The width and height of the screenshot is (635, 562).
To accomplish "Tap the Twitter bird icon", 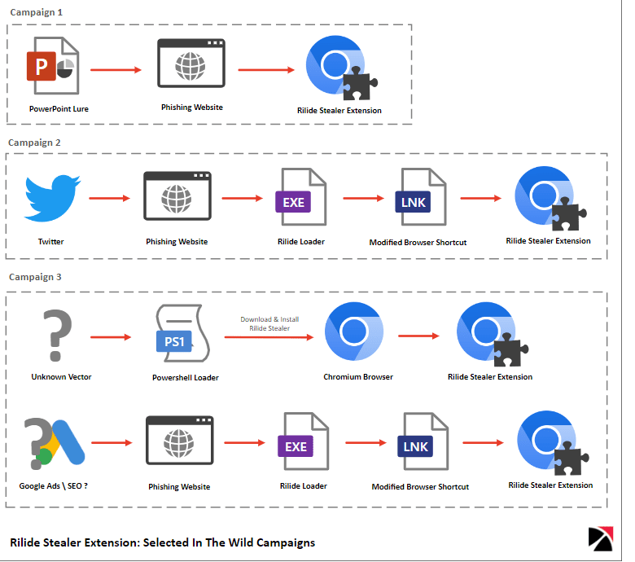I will click(x=52, y=199).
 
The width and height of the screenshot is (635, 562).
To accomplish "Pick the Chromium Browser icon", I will click(x=354, y=333).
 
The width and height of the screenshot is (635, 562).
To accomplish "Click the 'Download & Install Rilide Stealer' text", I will click(x=269, y=323).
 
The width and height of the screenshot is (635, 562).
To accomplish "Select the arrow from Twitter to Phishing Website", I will click(x=109, y=199).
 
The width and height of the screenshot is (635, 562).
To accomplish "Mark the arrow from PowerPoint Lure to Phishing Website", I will click(x=116, y=70).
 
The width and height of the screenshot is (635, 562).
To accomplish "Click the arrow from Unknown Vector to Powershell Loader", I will click(x=109, y=336).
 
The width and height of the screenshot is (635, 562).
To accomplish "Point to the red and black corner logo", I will click(x=600, y=539).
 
